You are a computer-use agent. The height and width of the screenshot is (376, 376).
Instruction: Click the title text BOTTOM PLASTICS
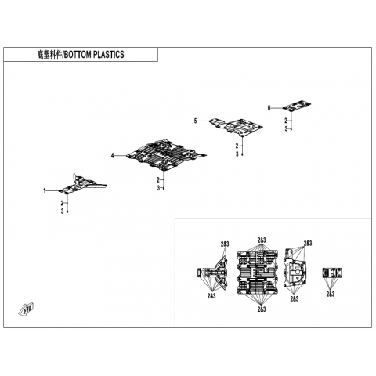(94, 55)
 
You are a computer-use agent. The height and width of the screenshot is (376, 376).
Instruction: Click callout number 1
(45, 191)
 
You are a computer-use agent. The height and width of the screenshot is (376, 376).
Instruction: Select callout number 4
(113, 156)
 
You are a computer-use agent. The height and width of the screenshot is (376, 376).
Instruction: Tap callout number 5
(195, 121)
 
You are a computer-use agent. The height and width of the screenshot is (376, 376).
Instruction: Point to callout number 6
(269, 108)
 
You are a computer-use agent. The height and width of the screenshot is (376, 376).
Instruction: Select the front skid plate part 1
(82, 184)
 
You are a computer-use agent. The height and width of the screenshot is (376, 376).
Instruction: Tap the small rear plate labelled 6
(297, 105)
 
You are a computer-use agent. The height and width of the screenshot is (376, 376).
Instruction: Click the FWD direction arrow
(27, 309)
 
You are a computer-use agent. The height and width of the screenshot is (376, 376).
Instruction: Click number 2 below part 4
(158, 180)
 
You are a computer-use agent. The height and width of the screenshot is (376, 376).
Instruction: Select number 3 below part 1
(63, 211)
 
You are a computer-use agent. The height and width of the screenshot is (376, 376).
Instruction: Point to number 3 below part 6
(286, 128)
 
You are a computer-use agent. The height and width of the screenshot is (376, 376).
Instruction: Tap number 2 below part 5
(237, 146)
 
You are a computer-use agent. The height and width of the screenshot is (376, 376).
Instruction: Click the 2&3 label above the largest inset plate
(262, 240)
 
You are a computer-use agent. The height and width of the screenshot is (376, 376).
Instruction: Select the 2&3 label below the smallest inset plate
(331, 294)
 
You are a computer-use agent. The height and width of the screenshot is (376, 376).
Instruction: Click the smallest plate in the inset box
(332, 273)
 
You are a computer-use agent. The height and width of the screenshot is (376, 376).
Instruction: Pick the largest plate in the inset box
(258, 272)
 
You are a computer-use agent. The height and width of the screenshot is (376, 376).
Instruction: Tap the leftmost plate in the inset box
(212, 273)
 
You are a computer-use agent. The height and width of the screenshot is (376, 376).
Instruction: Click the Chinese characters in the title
(49, 55)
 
